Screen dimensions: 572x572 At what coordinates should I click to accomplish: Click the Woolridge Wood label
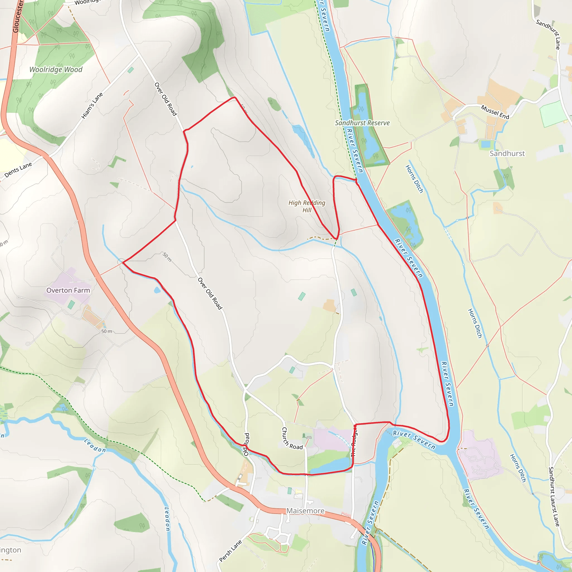tap(56, 70)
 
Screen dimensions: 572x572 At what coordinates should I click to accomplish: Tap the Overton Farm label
tap(68, 290)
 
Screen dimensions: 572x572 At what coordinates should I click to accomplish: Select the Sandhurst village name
tap(507, 153)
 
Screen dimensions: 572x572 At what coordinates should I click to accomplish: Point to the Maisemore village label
tap(305, 511)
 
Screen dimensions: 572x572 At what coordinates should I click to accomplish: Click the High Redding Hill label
tap(307, 206)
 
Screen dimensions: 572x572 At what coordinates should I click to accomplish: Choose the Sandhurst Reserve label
tap(362, 123)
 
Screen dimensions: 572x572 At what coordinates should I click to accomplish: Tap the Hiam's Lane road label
tap(92, 106)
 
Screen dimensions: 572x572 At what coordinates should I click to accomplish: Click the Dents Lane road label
tap(18, 170)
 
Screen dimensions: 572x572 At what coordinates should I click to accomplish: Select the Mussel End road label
tap(495, 112)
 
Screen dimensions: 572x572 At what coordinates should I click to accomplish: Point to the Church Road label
tap(291, 439)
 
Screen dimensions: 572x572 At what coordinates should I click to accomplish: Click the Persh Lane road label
tap(230, 551)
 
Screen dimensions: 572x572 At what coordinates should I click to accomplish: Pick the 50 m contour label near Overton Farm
tap(107, 331)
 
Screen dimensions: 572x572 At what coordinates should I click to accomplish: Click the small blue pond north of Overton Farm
tap(157, 290)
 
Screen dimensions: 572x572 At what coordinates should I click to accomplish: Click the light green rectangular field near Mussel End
tap(552, 114)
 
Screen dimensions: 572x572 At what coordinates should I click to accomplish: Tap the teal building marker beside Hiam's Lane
tap(130, 70)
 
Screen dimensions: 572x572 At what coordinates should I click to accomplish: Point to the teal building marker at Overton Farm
tap(71, 304)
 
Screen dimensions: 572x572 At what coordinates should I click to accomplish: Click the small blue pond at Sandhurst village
tap(485, 144)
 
